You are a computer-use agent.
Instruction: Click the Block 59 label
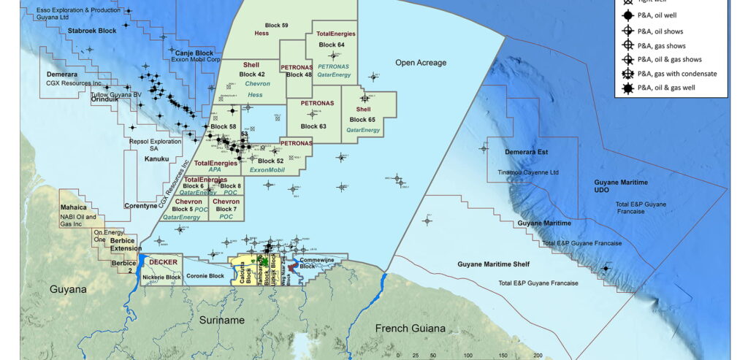click(x=274, y=26)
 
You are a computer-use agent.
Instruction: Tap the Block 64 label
click(x=332, y=45)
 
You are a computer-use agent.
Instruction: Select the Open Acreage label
click(x=421, y=63)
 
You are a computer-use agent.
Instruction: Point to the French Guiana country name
click(x=410, y=328)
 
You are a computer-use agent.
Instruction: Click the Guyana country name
click(x=68, y=290)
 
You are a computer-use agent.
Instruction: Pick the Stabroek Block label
click(x=92, y=31)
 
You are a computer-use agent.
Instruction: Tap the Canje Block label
click(x=194, y=53)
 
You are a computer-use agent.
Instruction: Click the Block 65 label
click(x=362, y=119)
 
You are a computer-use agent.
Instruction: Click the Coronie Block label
click(x=205, y=277)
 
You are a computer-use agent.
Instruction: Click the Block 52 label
click(x=270, y=161)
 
